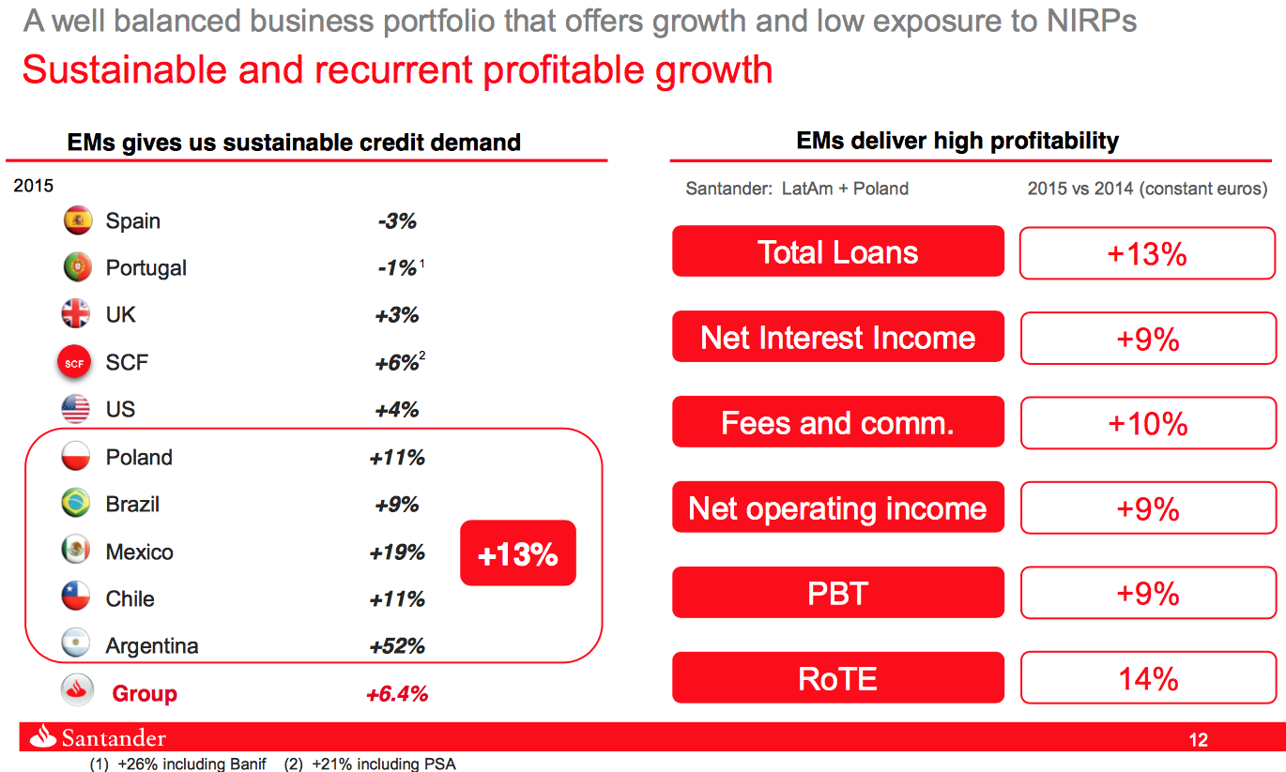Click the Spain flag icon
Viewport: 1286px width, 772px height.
point(77,221)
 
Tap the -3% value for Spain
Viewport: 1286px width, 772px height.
point(397,221)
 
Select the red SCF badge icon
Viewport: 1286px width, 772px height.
point(75,363)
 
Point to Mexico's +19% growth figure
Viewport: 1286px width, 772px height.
point(397,553)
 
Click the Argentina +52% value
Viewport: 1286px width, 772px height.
point(397,646)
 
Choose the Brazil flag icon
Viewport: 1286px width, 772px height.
point(76,504)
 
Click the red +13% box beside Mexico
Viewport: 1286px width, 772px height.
point(518,553)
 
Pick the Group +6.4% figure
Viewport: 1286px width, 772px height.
point(397,694)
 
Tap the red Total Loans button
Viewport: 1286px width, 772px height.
point(837,252)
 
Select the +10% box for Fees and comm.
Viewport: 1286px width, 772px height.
point(1147,424)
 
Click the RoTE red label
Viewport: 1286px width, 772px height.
point(837,678)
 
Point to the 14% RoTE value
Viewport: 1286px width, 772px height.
point(1147,678)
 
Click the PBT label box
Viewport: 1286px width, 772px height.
point(837,594)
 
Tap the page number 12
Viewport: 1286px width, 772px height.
point(1198,740)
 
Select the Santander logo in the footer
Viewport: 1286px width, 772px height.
point(98,738)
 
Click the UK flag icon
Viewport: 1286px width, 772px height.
point(76,314)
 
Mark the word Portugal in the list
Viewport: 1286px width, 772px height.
point(145,268)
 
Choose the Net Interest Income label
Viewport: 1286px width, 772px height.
point(837,338)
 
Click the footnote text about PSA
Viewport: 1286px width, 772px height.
point(370,764)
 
